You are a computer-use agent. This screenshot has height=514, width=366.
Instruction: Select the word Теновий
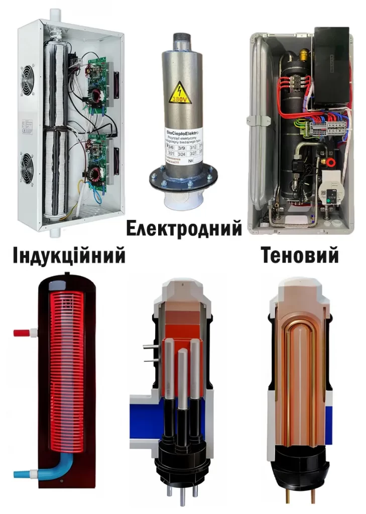click(300, 256)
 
